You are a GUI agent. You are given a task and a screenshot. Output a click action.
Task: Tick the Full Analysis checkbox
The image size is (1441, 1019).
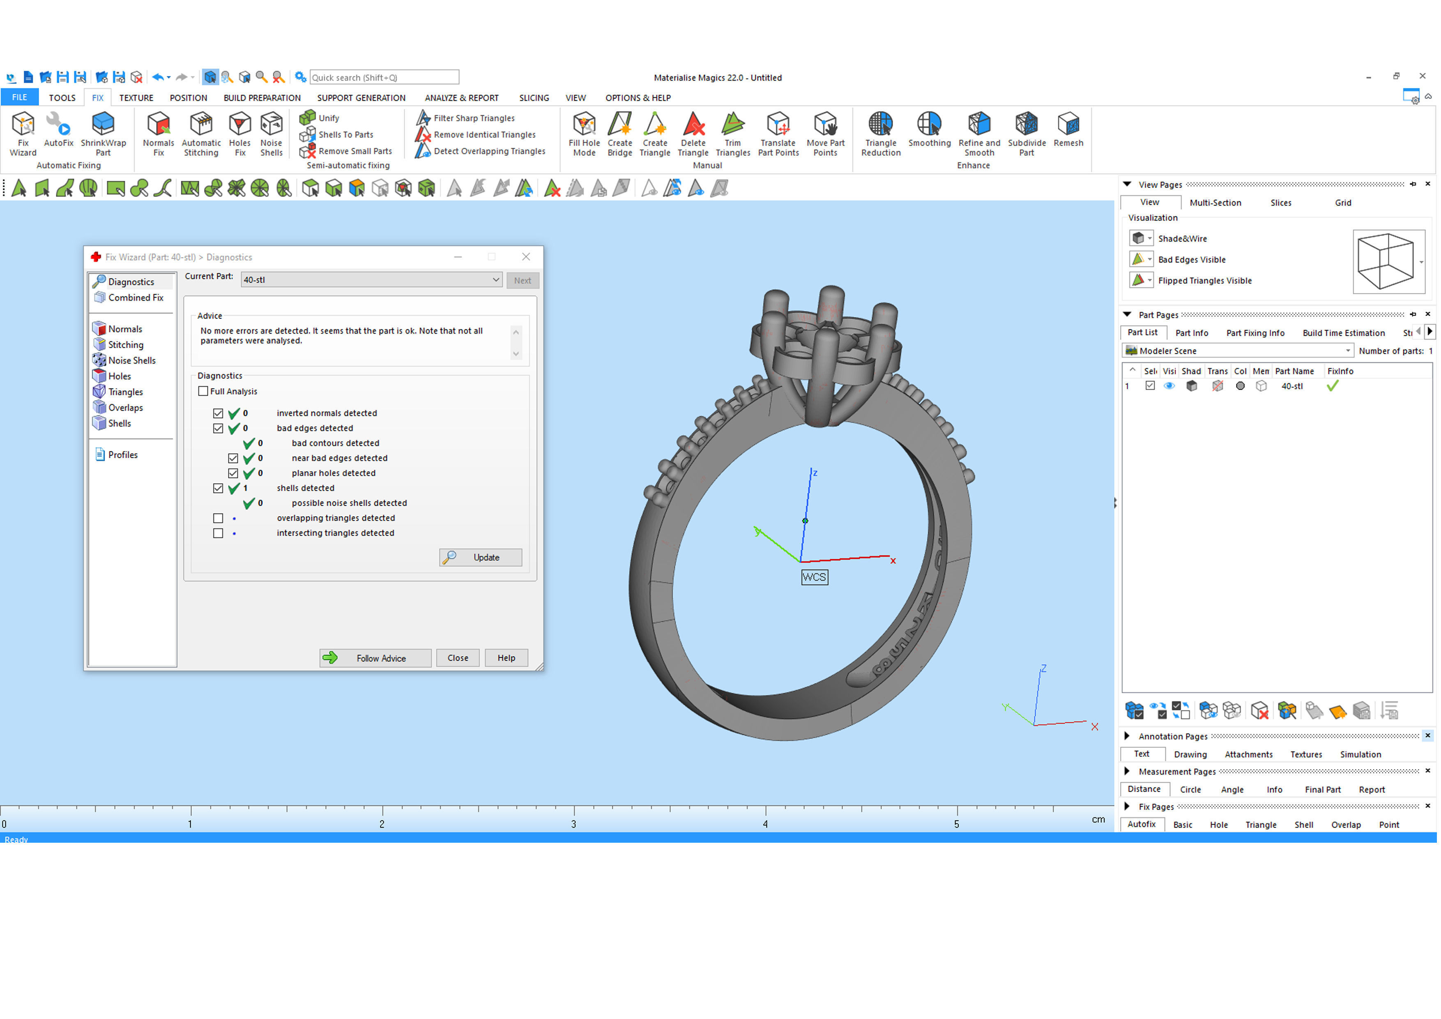click(203, 391)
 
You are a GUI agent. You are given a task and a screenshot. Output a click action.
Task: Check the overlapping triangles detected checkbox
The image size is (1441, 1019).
click(218, 518)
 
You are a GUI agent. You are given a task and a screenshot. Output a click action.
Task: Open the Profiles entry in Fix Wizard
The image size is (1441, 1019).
click(122, 454)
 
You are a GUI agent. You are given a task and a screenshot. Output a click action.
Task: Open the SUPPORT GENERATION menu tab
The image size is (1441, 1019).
click(361, 98)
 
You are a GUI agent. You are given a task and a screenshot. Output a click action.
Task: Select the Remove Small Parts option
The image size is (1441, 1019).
click(354, 151)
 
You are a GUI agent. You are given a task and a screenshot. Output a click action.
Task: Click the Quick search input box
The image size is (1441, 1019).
click(384, 77)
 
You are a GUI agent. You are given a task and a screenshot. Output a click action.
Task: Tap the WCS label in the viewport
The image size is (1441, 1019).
click(814, 577)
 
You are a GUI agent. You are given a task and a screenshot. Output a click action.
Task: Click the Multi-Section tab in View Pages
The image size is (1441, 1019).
click(1215, 203)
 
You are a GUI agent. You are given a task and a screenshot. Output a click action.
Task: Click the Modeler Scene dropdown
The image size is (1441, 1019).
click(1237, 351)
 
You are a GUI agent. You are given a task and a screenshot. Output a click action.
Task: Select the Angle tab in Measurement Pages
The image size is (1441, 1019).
click(1232, 790)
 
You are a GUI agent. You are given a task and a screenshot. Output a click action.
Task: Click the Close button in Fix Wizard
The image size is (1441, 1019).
click(458, 658)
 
